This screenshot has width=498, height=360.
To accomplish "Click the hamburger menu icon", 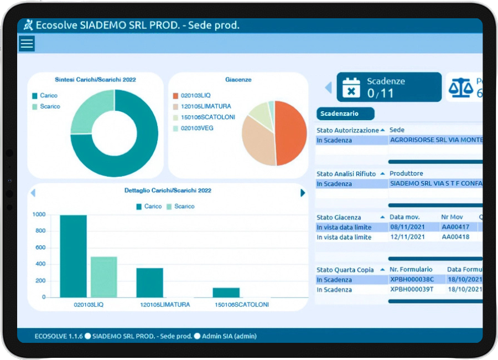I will (x=27, y=43).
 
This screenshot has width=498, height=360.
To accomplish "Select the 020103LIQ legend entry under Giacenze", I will (x=192, y=95).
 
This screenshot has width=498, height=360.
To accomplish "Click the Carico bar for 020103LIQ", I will (x=73, y=256).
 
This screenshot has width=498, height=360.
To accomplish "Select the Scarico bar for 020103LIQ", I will (x=104, y=277).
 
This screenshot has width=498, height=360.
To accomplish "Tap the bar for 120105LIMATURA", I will (x=149, y=282).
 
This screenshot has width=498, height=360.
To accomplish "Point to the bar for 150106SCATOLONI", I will (x=226, y=292).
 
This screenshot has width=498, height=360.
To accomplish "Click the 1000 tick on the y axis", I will (x=39, y=214).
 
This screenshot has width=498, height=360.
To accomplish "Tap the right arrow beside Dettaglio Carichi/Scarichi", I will (x=303, y=193).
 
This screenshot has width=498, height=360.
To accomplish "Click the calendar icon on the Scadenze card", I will (x=351, y=88).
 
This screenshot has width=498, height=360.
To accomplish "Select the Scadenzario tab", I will (x=345, y=114).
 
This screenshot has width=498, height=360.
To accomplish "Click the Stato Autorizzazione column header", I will (x=347, y=130).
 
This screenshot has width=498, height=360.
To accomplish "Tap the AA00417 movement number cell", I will (x=455, y=227).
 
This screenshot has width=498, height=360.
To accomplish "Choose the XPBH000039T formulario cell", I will (x=412, y=290).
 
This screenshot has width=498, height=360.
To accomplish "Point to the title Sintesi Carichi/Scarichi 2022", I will (x=95, y=80).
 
